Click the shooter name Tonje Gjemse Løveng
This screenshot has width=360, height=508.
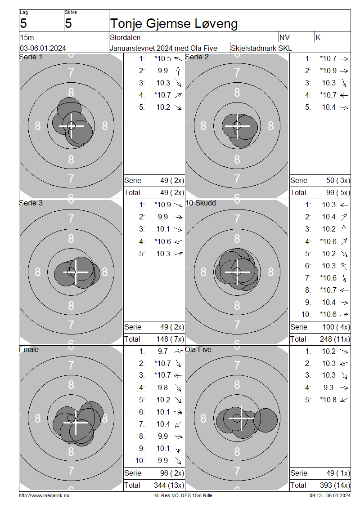click(174, 24)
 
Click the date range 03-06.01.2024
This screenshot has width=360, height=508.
click(43, 48)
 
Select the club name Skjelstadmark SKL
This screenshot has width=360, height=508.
click(261, 48)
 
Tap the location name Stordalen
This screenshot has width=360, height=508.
click(125, 37)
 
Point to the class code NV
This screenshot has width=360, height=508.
click(284, 37)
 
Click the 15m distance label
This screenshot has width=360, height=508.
click(27, 37)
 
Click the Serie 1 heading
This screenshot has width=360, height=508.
click(31, 57)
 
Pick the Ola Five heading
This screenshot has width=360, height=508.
click(198, 350)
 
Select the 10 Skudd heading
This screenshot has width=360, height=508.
click(200, 203)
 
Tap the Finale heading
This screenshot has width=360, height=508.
click(29, 350)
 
